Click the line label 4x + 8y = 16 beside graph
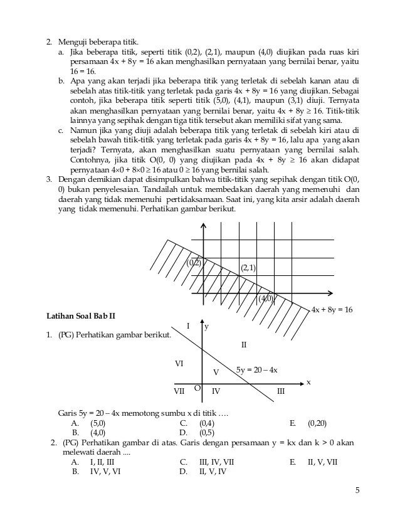[x=332, y=310]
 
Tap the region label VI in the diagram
[x=179, y=364]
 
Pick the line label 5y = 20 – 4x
[x=256, y=370]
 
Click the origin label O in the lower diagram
[x=197, y=389]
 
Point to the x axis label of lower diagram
[x=308, y=382]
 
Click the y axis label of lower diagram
[x=207, y=327]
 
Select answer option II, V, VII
[x=322, y=462]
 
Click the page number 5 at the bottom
[x=357, y=491]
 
